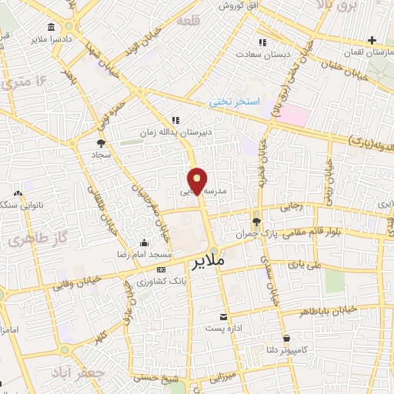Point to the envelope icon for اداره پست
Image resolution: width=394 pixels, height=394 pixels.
pos(224,317)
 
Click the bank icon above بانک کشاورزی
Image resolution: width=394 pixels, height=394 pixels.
pos(161,270)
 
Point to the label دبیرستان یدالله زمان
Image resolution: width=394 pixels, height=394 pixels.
pos(175,132)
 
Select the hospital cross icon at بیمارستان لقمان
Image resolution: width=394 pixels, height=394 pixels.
pos(372,40)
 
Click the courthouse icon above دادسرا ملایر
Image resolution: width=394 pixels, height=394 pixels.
pos(52,28)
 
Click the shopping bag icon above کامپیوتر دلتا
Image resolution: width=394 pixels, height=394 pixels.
pos(286,338)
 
